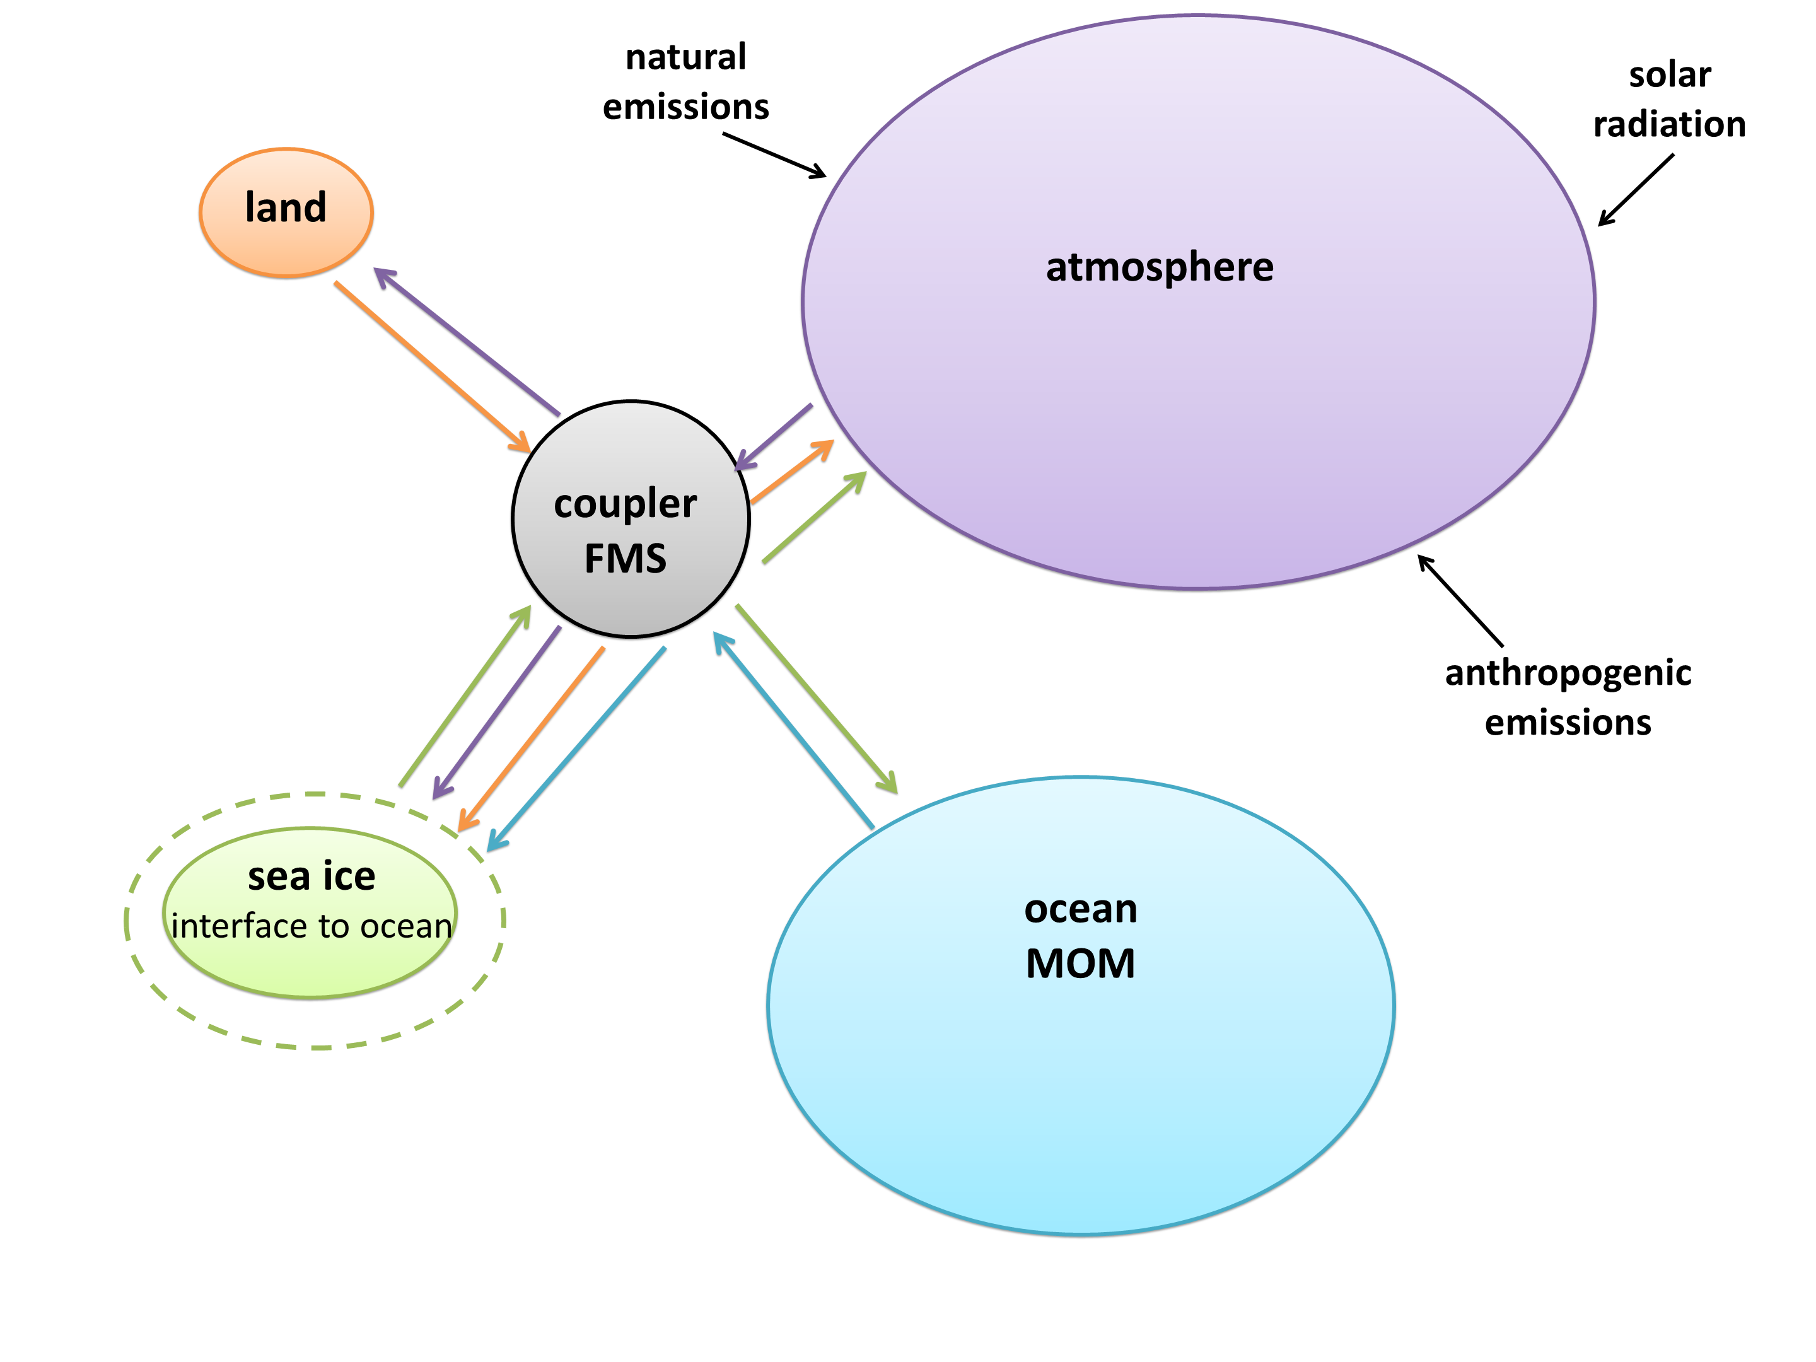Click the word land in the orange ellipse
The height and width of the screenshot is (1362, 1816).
pos(286,207)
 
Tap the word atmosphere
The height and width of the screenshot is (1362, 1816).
pos(1159,267)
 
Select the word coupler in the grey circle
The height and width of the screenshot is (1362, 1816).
pos(625,503)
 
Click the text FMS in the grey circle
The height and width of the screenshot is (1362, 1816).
pos(625,558)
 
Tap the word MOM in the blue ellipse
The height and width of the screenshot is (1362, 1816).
pos(1080,963)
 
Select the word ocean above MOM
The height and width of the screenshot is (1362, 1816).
pos(1080,908)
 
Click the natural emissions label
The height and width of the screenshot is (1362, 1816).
pos(685,82)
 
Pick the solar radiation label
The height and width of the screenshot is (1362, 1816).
pos(1669,100)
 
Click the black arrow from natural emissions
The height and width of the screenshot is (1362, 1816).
pos(774,155)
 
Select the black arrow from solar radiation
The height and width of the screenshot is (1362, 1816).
pos(1636,190)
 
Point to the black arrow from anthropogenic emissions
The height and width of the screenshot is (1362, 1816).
pos(1460,601)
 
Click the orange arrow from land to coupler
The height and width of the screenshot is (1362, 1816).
pos(432,367)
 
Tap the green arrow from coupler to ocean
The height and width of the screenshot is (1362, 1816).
pos(816,699)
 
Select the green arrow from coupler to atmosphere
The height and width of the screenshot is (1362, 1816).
pos(815,517)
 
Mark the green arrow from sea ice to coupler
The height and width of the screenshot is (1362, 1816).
pos(465,696)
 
